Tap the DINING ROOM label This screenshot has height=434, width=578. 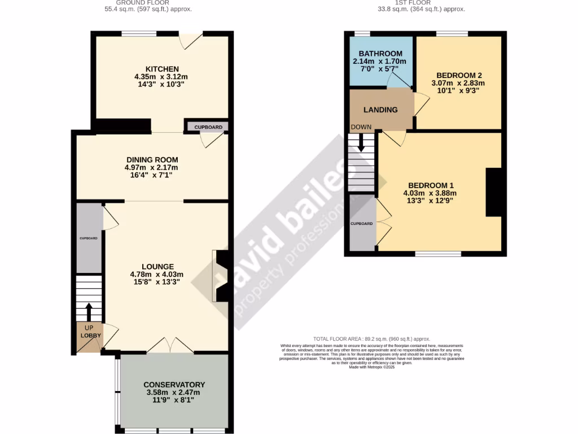(x=151, y=159)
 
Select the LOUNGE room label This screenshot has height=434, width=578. (x=157, y=267)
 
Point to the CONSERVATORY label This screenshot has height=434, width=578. (x=174, y=385)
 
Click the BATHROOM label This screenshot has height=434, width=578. (x=380, y=54)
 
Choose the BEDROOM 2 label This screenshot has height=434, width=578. (x=458, y=75)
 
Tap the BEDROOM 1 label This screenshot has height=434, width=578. (x=431, y=185)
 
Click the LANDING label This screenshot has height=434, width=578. (x=380, y=110)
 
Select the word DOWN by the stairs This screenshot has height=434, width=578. (x=361, y=127)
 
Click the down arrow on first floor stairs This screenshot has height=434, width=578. (x=361, y=147)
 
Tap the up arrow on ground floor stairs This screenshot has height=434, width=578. (x=89, y=312)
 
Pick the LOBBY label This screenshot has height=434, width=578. (x=90, y=336)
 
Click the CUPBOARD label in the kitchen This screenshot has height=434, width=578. (x=208, y=127)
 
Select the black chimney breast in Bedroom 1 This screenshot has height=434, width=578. (x=493, y=192)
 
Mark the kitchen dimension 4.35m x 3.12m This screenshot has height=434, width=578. (x=161, y=76)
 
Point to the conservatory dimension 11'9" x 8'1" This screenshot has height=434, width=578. (x=174, y=400)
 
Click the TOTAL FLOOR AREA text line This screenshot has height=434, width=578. (x=372, y=338)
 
